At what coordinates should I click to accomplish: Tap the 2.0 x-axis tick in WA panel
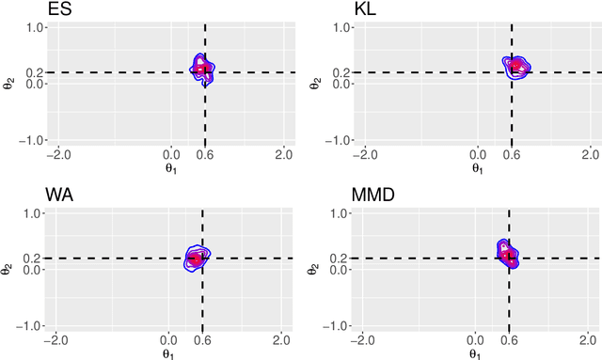[x=281, y=340]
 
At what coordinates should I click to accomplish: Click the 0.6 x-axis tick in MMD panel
[x=508, y=340]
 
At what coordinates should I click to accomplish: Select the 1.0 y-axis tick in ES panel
[x=36, y=28]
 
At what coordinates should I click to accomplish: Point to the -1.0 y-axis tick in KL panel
[x=341, y=140]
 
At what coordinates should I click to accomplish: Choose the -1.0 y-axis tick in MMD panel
[x=341, y=325]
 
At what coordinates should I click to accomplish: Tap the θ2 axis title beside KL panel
[x=314, y=84]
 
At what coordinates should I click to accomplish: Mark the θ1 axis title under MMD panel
[x=478, y=352]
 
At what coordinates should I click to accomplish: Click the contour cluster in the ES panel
[x=204, y=69]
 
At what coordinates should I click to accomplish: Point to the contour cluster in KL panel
[x=516, y=68]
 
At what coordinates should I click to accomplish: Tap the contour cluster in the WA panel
[x=197, y=258]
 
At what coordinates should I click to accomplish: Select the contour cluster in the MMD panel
[x=507, y=252]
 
